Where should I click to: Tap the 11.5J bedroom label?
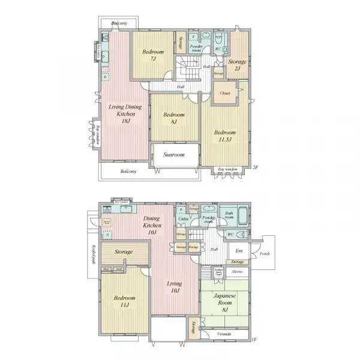pyautogui.click(x=225, y=136)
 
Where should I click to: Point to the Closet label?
pyautogui.click(x=224, y=93)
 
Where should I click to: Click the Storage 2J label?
pyautogui.click(x=238, y=65)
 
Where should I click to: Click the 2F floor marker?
pyautogui.click(x=254, y=167)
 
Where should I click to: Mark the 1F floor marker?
pyautogui.click(x=254, y=340)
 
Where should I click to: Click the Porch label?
pyautogui.click(x=264, y=253)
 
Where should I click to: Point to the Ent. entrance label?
pyautogui.click(x=239, y=251)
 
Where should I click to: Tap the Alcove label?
pyautogui.click(x=237, y=271)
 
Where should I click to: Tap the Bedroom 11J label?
pyautogui.click(x=124, y=301)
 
